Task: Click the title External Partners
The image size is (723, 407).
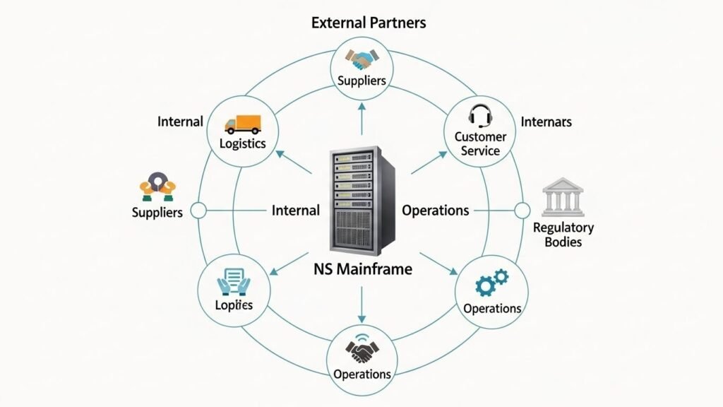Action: click(369, 23)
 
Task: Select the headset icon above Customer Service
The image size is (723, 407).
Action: click(481, 114)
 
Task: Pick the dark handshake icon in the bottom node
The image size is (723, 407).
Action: click(362, 350)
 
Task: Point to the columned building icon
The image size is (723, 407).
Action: click(562, 197)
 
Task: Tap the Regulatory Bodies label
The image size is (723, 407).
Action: click(563, 235)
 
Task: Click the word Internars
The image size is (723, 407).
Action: click(546, 122)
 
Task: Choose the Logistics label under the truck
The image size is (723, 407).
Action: click(242, 143)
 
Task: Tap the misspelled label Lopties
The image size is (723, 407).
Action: click(233, 305)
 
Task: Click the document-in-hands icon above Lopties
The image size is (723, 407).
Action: click(233, 281)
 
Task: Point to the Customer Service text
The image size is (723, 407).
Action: click(481, 143)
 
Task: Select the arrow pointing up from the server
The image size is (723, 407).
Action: click(361, 117)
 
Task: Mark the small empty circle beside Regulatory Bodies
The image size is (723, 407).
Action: click(522, 210)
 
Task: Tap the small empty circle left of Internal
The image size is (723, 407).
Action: click(198, 210)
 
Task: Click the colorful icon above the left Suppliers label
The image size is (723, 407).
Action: click(157, 186)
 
